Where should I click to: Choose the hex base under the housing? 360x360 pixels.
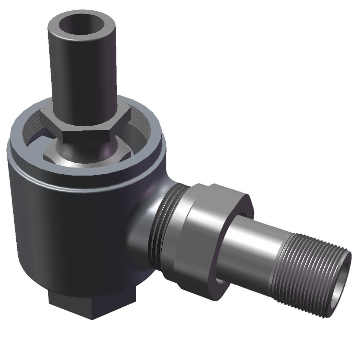(x=92, y=306)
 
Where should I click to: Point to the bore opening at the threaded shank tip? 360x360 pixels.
(x=341, y=284)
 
